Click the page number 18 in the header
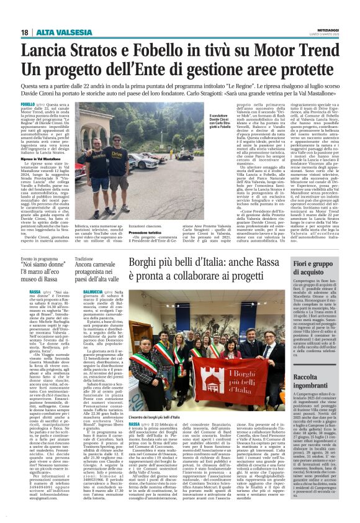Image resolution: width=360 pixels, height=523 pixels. point(24,32)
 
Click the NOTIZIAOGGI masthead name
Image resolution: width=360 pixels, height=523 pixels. point(329,29)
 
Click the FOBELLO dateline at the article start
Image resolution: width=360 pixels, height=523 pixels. point(27,105)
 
